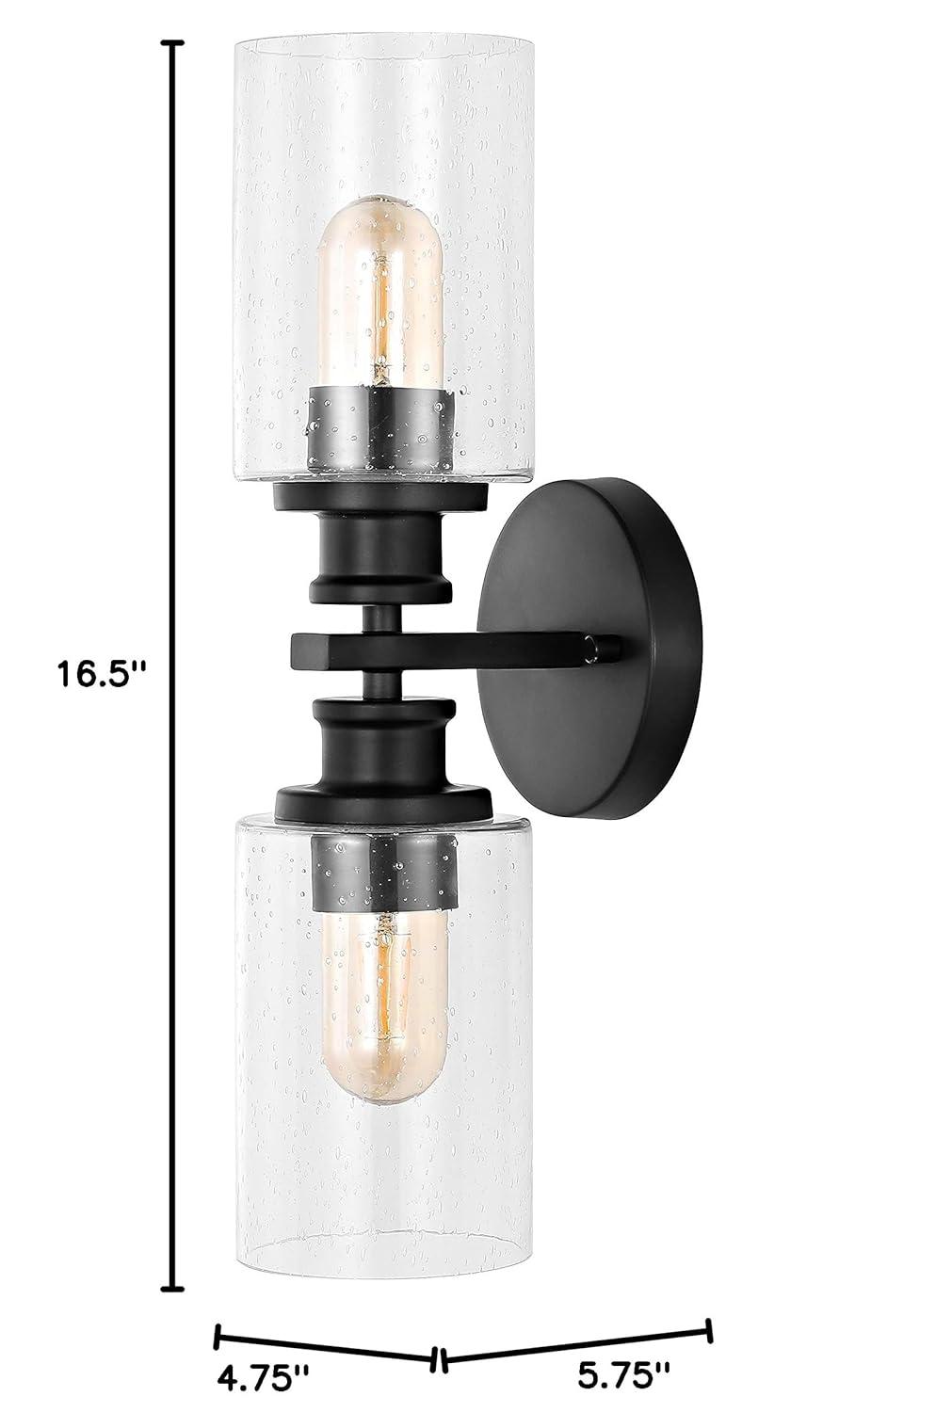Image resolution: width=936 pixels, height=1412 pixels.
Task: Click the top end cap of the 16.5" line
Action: click(171, 43)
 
